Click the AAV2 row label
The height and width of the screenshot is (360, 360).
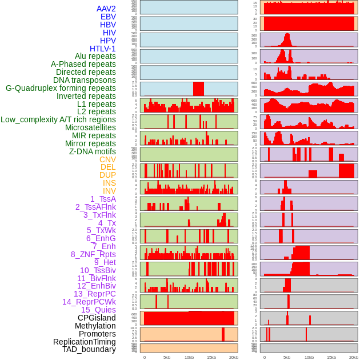pos(106,9)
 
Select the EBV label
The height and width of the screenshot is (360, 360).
pos(108,17)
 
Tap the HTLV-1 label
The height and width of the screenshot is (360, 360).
pos(102,49)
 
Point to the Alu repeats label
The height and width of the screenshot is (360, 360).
pos(95,56)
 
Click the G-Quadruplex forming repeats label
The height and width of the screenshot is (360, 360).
pos(61,88)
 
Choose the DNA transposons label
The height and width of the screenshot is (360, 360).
pos(85,80)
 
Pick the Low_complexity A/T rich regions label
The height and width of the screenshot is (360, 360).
pos(58,119)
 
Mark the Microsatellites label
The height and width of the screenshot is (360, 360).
pos(90,127)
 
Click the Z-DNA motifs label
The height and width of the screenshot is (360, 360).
pos(92,151)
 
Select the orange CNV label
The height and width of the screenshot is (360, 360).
pos(107,159)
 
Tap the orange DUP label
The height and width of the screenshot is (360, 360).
pos(107,175)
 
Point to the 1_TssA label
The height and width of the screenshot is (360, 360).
pos(103,199)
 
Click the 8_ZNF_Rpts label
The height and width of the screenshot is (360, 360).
pos(93,254)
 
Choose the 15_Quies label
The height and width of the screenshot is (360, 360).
pos(98,310)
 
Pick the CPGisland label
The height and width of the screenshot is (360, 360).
pos(97,318)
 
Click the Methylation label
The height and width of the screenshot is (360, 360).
pos(95,326)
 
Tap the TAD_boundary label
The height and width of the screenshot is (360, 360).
pos(89,349)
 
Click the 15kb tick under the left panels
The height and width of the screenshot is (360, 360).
pos(211,357)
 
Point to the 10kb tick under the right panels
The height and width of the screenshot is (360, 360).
pos(309,357)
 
